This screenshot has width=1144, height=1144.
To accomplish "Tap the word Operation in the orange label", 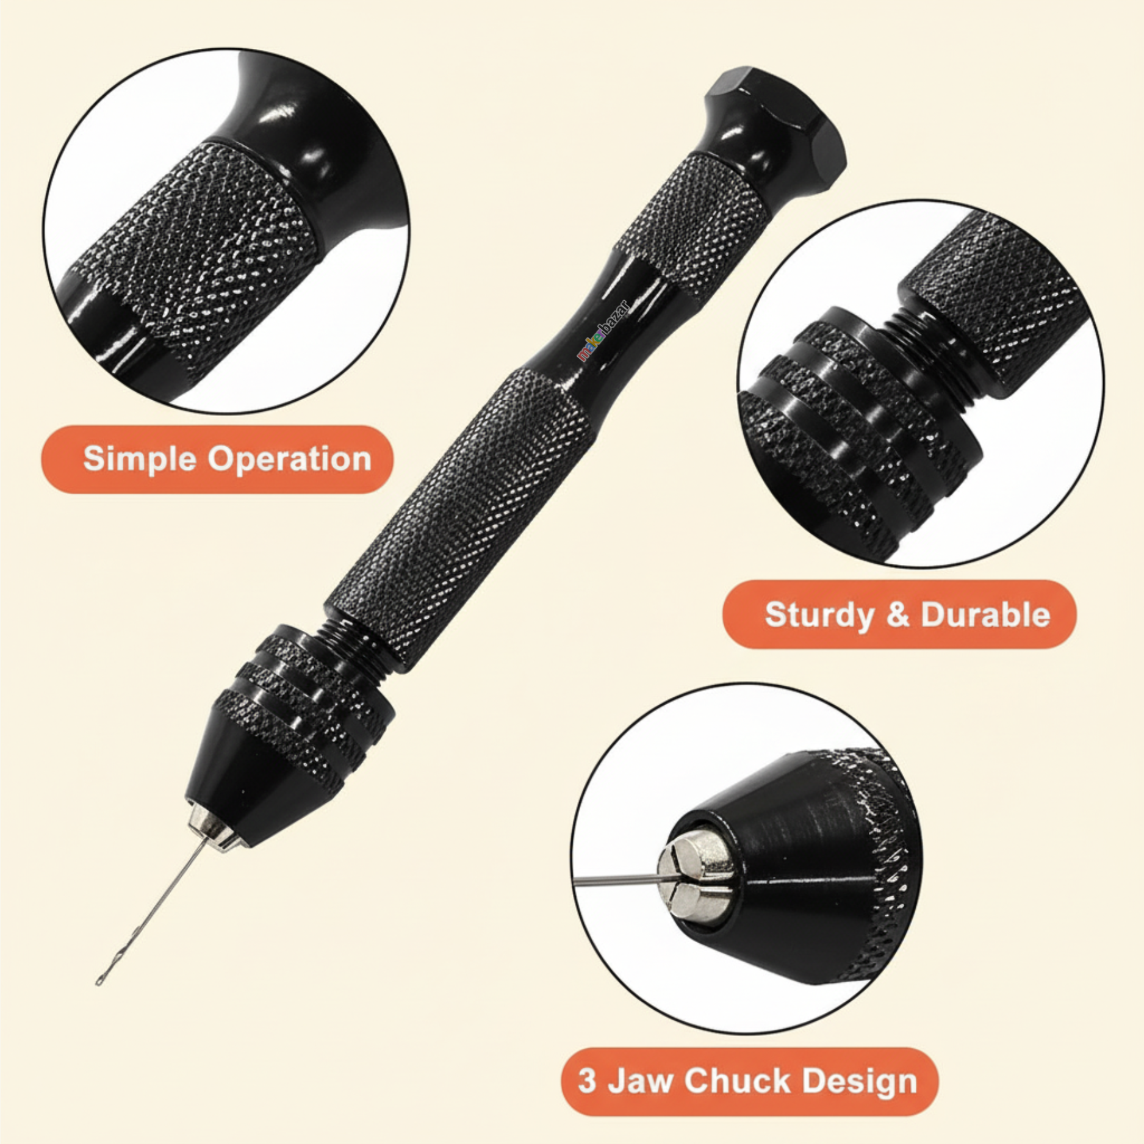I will [x=290, y=459].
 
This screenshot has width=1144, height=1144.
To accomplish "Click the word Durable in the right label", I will [x=985, y=614].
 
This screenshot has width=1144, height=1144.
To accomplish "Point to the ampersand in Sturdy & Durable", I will [x=897, y=614].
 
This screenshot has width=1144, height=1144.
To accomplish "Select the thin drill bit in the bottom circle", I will [x=616, y=879].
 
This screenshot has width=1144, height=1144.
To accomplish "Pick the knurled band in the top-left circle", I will [x=207, y=244].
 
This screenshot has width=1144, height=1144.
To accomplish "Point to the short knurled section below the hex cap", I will [x=693, y=226].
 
